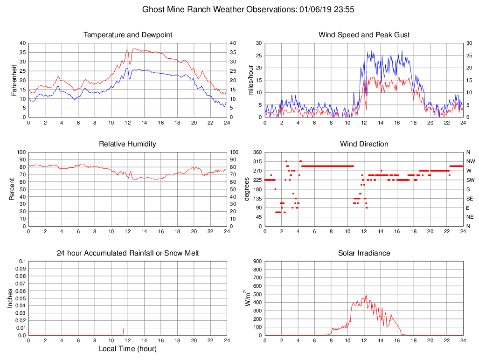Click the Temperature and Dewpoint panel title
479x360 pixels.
tap(128, 35)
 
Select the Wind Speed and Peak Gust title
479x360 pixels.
tap(364, 35)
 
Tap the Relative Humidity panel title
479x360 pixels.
tap(128, 144)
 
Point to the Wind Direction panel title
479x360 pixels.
tap(364, 144)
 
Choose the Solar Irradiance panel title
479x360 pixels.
tap(364, 253)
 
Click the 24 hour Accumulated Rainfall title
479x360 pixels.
tap(128, 253)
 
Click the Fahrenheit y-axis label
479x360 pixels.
tap(14, 80)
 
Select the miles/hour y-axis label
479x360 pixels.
tap(251, 80)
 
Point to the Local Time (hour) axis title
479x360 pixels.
tap(128, 349)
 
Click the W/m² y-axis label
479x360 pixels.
tap(248, 298)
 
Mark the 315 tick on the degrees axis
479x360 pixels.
tap(257, 161)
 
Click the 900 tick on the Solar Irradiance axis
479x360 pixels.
tap(257, 261)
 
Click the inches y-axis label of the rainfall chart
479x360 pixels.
tap(10, 298)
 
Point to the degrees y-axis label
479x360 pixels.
tap(247, 189)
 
